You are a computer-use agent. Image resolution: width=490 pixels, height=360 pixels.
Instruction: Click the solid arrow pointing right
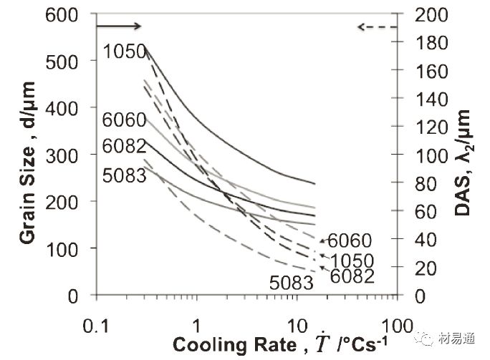coord(119,26)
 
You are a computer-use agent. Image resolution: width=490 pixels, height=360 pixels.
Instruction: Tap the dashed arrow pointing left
coord(376,27)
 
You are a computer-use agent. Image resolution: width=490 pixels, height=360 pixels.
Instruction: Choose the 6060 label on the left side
coord(124,120)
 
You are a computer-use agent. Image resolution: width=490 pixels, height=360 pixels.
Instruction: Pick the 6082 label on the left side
coord(124,145)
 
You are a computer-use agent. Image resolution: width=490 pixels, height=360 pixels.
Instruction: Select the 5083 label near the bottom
coord(292,283)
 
